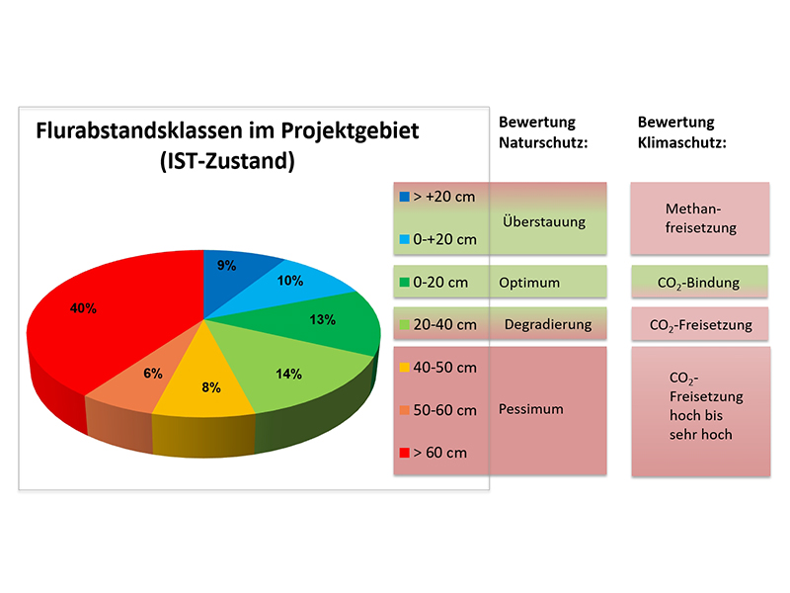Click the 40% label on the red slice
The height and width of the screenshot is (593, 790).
click(83, 308)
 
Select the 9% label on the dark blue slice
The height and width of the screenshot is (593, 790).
click(226, 265)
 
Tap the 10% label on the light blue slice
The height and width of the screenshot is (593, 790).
click(289, 281)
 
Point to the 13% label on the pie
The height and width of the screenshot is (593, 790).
click(322, 319)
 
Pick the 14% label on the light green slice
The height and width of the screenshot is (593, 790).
click(288, 374)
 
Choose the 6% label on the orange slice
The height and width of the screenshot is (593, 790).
click(152, 373)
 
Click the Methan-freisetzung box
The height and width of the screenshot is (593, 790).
click(700, 218)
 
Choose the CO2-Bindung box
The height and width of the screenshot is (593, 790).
click(698, 283)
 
